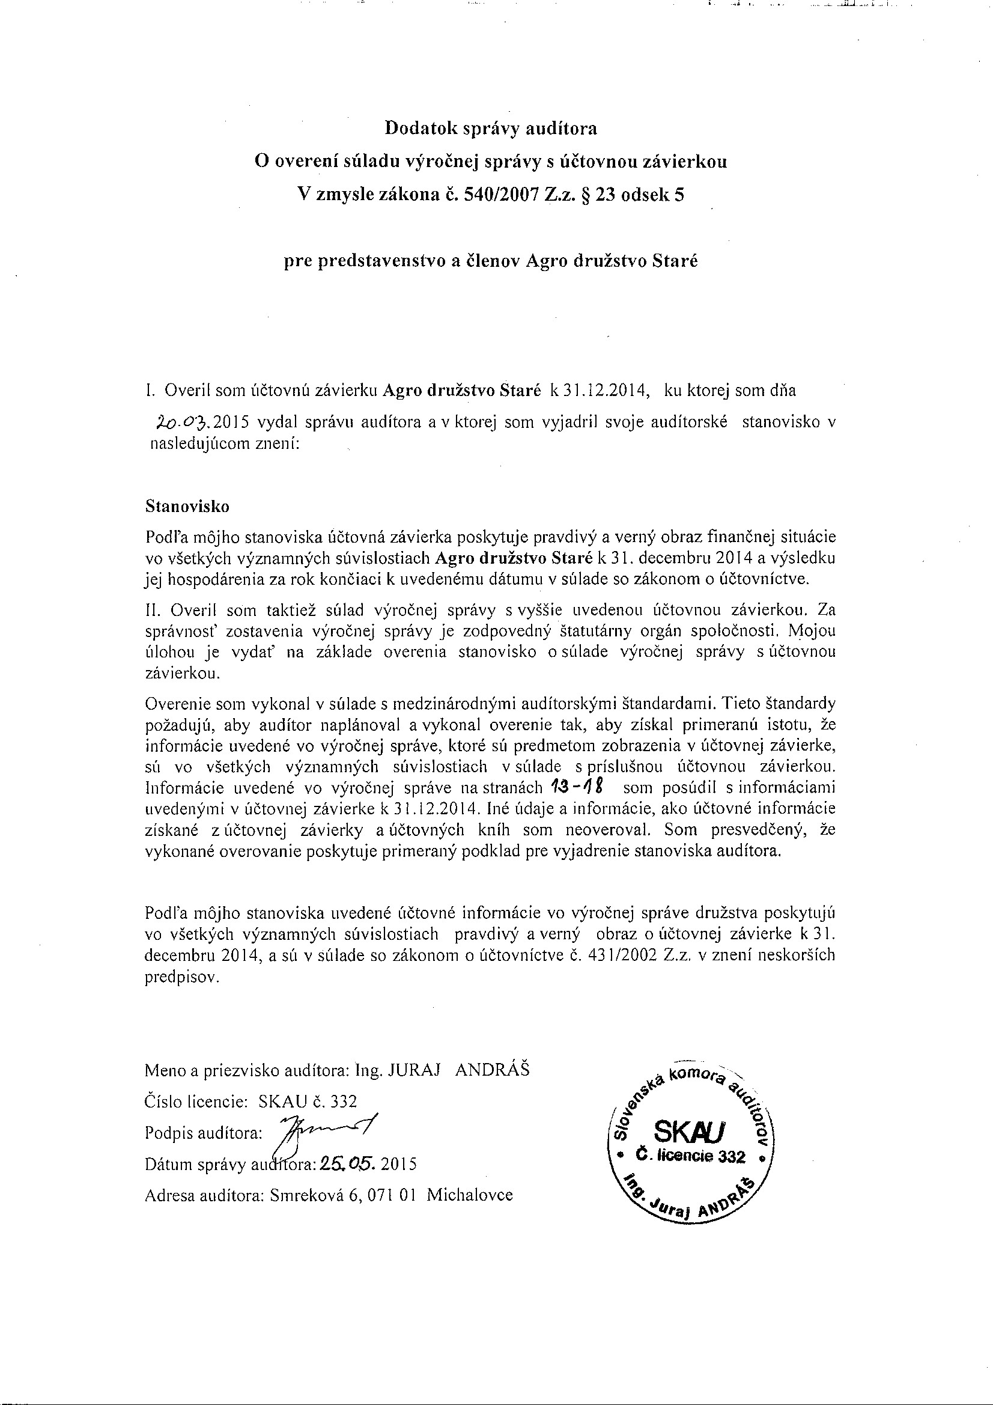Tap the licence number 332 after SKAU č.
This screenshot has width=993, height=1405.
click(343, 1102)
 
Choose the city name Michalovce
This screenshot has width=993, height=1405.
click(469, 1195)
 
